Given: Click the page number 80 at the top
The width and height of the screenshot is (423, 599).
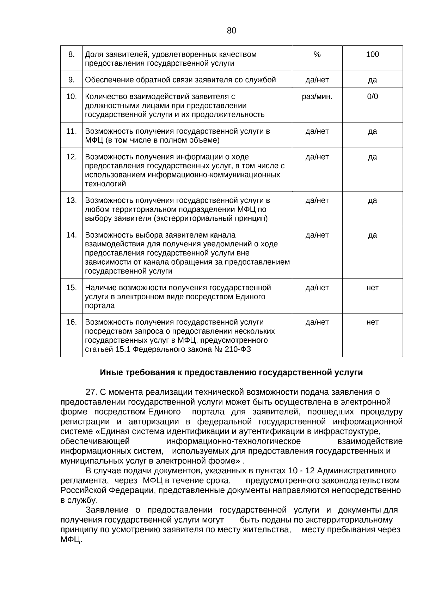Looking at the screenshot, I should tap(231, 31).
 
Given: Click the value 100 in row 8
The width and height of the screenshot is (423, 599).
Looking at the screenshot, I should tap(372, 54).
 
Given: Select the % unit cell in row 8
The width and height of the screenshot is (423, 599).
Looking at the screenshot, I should tap(317, 54).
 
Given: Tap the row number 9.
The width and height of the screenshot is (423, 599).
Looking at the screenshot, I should tap(72, 80).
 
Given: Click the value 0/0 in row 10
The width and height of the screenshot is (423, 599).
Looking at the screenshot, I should tap(372, 97).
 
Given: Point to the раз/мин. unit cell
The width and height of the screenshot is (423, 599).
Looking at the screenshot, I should tap(317, 97).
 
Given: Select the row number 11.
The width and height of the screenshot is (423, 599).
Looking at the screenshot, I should tap(72, 131).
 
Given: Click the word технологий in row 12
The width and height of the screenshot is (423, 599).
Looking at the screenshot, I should tap(105, 184).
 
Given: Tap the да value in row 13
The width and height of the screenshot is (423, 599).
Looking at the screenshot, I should tap(372, 200).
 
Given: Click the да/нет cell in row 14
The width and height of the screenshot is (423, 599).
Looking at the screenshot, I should tap(317, 235).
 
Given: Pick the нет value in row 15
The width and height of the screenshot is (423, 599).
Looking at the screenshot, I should tap(372, 288).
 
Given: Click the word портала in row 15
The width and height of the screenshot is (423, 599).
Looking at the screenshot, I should tap(100, 306).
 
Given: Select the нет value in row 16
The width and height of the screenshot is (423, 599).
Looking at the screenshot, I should tap(372, 322).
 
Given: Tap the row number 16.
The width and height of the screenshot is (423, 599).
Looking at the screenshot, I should tap(72, 322).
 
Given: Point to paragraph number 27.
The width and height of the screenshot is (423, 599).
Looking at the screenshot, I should tap(91, 392).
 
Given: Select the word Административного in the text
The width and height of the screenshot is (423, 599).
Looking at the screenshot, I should tap(356, 471).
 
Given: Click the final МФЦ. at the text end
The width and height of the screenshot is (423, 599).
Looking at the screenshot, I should tap(71, 540).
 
